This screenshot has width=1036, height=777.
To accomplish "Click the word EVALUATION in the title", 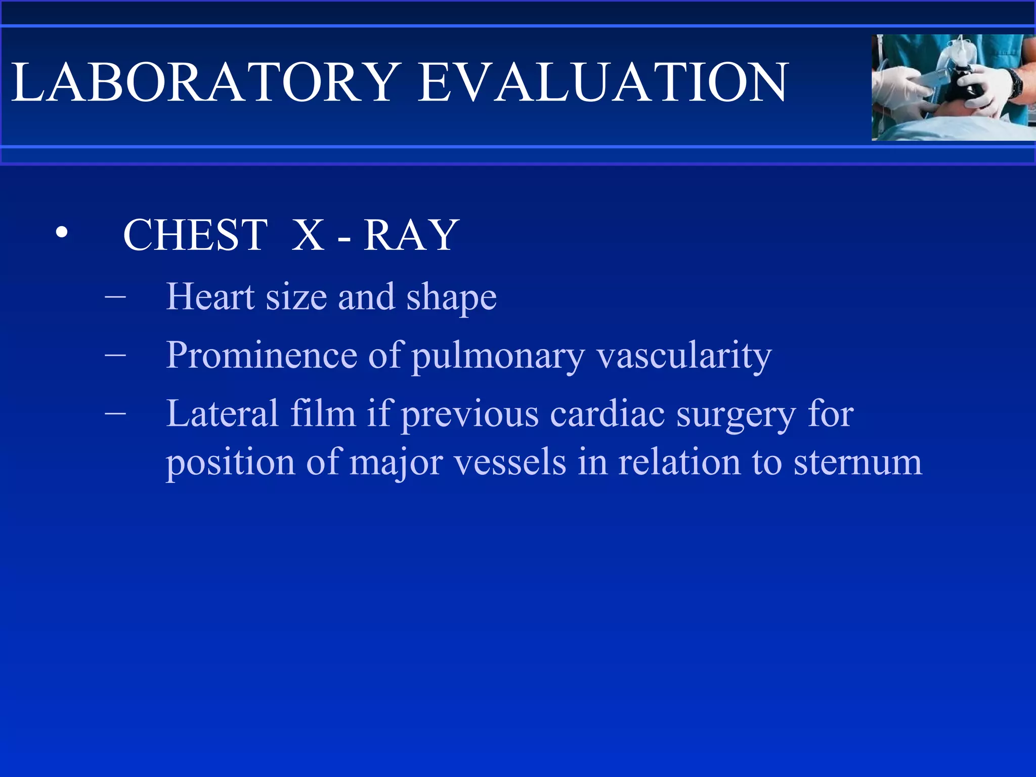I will (x=603, y=82).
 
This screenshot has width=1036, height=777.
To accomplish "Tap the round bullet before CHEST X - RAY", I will (x=62, y=233).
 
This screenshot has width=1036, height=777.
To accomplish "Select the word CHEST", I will (x=195, y=235).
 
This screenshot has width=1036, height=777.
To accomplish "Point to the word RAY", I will (x=411, y=235).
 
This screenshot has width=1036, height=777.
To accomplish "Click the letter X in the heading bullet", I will (x=308, y=235).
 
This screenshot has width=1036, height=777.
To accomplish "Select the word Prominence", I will (x=261, y=355).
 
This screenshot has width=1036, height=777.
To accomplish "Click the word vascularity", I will (x=684, y=356).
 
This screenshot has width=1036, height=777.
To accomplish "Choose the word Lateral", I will (x=223, y=414).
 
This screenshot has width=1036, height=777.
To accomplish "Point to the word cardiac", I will (x=607, y=414).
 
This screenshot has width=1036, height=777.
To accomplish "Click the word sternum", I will (x=858, y=462).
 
